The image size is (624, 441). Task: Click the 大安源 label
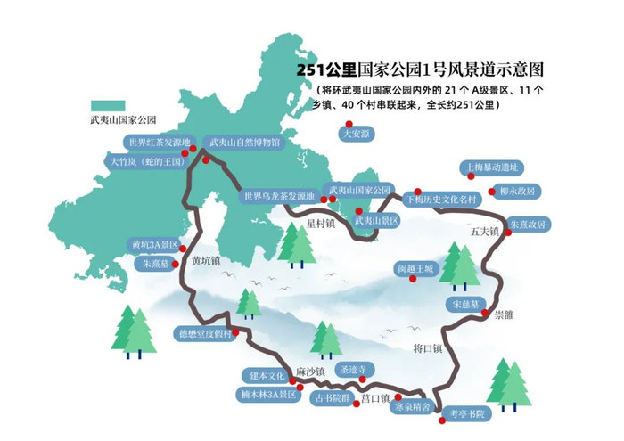click(356, 134)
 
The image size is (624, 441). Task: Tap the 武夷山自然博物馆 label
click(244, 142)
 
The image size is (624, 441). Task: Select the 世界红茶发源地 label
click(160, 142)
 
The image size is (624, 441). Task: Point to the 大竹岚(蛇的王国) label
click(147, 162)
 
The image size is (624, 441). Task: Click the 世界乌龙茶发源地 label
click(279, 197)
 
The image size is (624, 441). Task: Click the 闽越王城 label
click(415, 267)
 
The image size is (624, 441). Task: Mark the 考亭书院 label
click(468, 414)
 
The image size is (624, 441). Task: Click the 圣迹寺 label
click(347, 369)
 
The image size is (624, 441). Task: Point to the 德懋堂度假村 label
click(205, 334)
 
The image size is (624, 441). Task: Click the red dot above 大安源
click(349, 124)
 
